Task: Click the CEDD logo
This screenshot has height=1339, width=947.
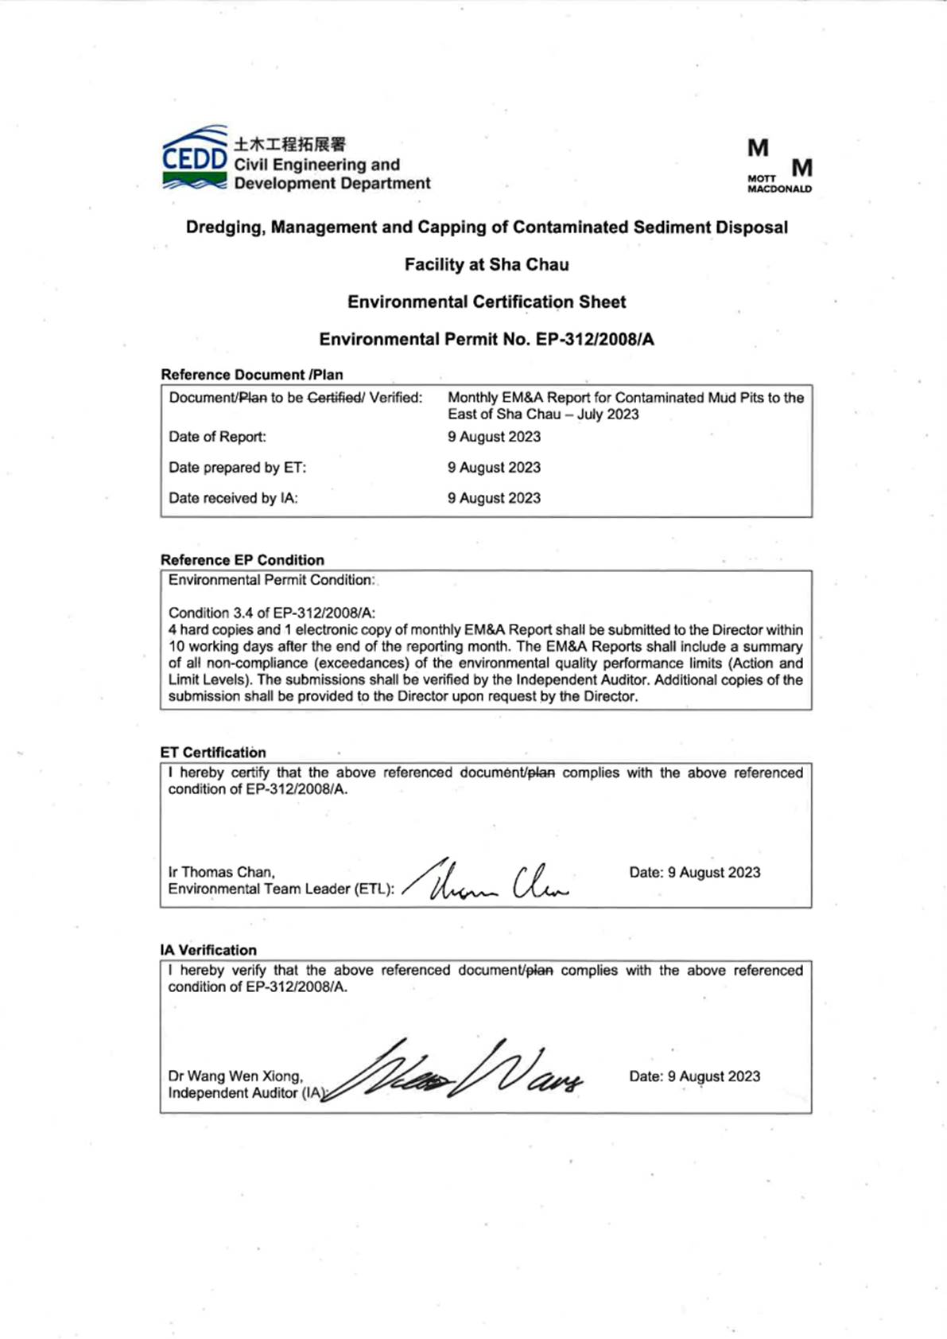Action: click(x=195, y=159)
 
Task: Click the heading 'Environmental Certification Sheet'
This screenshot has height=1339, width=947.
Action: click(x=487, y=302)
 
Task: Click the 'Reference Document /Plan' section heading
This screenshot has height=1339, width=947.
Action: click(x=252, y=375)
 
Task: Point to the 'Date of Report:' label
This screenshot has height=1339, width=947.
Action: click(x=217, y=437)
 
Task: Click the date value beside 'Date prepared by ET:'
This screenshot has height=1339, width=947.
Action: click(x=494, y=468)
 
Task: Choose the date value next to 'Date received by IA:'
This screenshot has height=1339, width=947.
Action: click(x=494, y=498)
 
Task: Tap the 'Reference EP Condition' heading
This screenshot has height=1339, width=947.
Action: click(x=243, y=560)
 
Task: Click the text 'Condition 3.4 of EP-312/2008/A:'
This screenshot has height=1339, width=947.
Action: click(x=272, y=613)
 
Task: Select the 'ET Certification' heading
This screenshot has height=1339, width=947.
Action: click(x=213, y=753)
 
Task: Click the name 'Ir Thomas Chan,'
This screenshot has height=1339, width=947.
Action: click(x=222, y=872)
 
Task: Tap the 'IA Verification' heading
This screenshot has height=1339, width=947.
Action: click(x=208, y=950)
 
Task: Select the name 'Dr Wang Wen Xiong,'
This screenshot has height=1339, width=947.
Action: click(x=235, y=1076)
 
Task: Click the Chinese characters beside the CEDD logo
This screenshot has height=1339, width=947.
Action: click(x=289, y=144)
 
